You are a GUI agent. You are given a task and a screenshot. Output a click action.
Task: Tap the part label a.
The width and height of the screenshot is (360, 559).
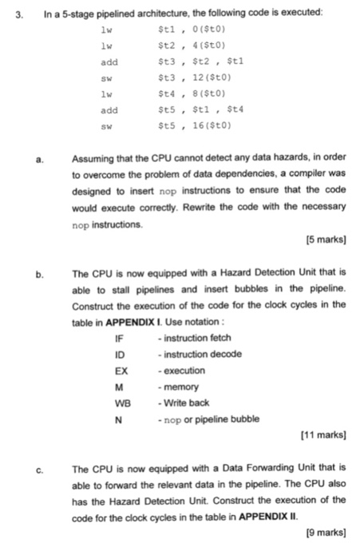tap(38, 160)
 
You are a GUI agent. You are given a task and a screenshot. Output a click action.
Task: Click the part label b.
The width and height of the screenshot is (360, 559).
tap(38, 274)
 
